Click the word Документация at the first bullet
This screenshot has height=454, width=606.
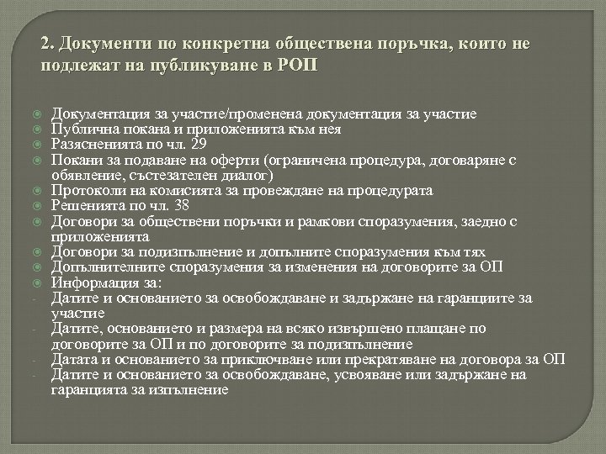coord(93,114)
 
